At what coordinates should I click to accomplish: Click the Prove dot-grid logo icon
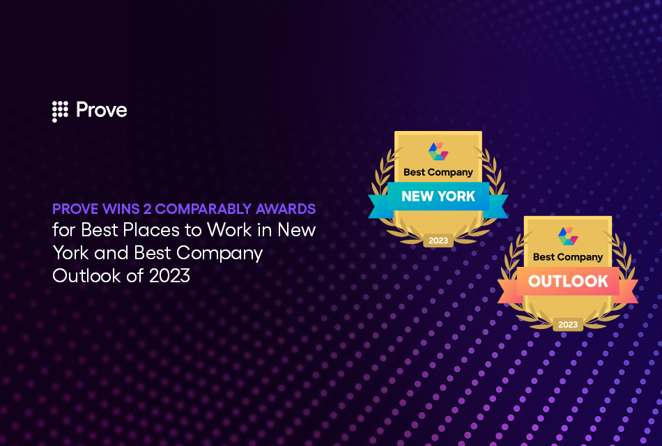(60, 111)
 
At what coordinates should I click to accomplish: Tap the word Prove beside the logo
(101, 110)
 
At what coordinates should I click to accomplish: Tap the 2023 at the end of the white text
(169, 276)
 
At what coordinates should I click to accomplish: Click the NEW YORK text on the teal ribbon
(438, 197)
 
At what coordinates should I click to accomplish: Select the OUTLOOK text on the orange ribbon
(568, 282)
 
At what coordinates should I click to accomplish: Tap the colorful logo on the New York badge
(438, 151)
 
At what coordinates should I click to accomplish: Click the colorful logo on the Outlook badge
(568, 236)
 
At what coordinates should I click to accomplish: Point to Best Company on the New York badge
(438, 171)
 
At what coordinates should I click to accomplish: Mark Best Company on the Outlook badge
(568, 256)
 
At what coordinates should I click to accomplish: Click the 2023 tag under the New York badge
(438, 240)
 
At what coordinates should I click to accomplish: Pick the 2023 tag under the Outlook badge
(568, 325)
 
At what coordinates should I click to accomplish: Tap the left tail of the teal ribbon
(378, 204)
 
